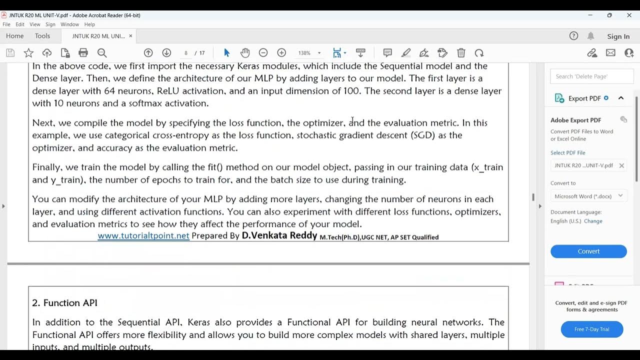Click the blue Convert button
(588, 251)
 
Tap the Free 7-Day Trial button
(592, 329)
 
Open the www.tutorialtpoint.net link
(143, 236)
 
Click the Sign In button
(618, 36)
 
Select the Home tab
(15, 36)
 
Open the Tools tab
(42, 36)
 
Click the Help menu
(89, 24)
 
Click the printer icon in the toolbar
(83, 53)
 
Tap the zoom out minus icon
(263, 53)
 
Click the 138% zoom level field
(304, 53)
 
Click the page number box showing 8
(186, 53)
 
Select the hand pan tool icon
(244, 53)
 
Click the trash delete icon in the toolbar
(461, 53)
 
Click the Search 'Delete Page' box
(591, 76)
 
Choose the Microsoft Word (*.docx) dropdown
(588, 196)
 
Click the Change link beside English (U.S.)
(593, 221)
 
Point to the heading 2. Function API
(65, 303)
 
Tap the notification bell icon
(590, 36)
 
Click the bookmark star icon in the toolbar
(29, 53)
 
